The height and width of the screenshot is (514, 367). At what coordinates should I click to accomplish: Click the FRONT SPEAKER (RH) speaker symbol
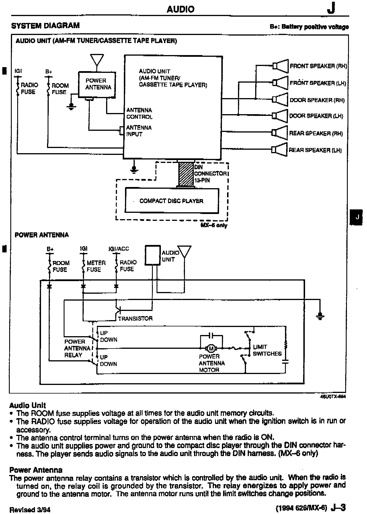281,66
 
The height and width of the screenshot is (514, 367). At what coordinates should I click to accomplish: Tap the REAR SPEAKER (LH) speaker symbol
279,149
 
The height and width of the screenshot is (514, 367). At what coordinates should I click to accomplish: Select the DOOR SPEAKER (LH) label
316,116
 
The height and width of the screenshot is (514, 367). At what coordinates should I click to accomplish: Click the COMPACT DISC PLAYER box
171,200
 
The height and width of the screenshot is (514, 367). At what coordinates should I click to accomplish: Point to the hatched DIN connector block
186,174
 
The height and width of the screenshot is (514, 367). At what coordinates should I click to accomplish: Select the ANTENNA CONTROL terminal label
139,113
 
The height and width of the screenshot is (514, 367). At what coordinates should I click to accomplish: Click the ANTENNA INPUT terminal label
139,131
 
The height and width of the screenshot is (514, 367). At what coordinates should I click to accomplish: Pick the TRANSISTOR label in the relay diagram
135,318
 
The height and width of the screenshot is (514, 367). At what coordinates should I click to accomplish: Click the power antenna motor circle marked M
211,348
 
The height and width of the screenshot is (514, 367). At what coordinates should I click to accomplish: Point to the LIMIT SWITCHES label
267,350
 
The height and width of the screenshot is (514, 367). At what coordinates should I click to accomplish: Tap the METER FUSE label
96,266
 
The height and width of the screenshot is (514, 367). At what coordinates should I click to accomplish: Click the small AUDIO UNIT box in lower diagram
153,255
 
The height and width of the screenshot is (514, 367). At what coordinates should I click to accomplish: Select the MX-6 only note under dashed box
214,225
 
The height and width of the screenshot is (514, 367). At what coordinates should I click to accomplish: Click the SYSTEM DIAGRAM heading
45,26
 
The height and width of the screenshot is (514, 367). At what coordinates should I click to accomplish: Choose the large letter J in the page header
331,9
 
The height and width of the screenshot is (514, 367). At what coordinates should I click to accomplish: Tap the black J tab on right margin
357,217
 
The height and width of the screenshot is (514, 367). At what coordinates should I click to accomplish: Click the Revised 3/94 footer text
30,509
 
